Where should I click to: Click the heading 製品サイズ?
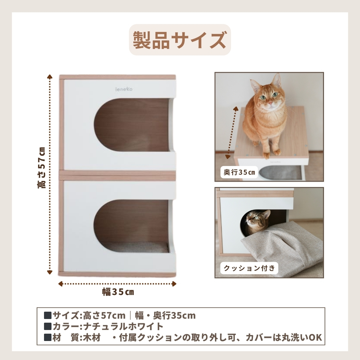pyautogui.click(x=180, y=40)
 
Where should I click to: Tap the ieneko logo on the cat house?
pyautogui.click(x=124, y=89)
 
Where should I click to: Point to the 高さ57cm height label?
pyautogui.click(x=41, y=168)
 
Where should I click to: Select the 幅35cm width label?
pyautogui.click(x=118, y=292)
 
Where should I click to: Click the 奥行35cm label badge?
pyautogui.click(x=239, y=172)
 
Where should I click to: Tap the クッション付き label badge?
pyautogui.click(x=249, y=268)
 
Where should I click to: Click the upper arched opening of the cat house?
pyautogui.click(x=132, y=125)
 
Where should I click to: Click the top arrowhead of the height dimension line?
pyautogui.click(x=50, y=77)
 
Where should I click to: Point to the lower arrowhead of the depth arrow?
pyautogui.click(x=228, y=157)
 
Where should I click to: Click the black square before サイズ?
pyautogui.click(x=48, y=315)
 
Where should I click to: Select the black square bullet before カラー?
pyautogui.click(x=48, y=326)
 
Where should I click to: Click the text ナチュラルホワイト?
pyautogui.click(x=123, y=326)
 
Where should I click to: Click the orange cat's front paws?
pyautogui.click(x=271, y=153)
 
